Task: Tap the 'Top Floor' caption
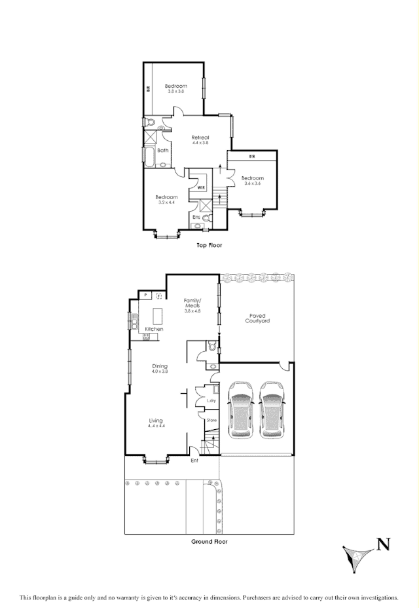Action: (x=209, y=245)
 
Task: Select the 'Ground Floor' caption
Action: (x=209, y=542)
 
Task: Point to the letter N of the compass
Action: (x=383, y=542)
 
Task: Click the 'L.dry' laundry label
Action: (x=211, y=400)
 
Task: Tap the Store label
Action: (x=211, y=420)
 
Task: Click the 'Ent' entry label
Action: (x=194, y=461)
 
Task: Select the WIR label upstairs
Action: (x=202, y=187)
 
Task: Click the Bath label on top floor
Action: (x=162, y=151)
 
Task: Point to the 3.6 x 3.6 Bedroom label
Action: (x=252, y=181)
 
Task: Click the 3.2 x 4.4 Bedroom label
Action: (x=167, y=200)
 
